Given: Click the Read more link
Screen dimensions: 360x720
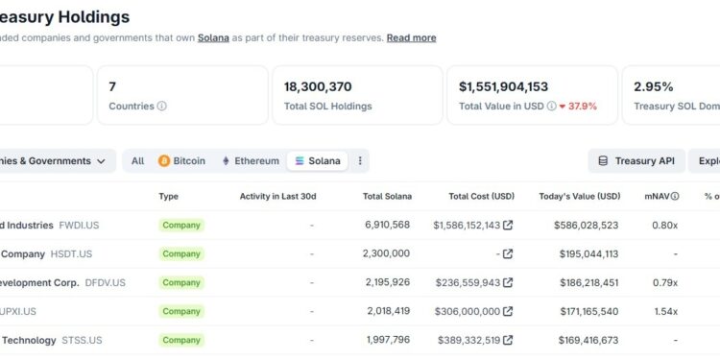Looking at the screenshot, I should pos(411,38).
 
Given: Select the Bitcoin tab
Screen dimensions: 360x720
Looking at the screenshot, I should pos(182,161).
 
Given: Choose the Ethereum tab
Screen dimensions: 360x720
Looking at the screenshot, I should pos(251,161).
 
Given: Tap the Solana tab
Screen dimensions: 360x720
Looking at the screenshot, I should pos(318,161).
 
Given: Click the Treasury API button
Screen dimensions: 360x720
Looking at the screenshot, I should pos(636,161).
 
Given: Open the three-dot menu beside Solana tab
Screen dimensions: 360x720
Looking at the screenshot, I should pos(360,161).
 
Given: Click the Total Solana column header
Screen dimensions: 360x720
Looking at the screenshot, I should pos(387,197).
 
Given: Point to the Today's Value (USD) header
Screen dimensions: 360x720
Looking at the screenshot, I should pos(580,197).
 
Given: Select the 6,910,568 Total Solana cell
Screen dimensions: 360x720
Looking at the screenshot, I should pos(387,226).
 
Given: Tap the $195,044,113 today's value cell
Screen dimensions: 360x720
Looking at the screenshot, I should pos(586,254).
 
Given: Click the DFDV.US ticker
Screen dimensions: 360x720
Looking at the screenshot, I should pos(105,283).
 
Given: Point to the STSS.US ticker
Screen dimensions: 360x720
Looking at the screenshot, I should pos(81,341).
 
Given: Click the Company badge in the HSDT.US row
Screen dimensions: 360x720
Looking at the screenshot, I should pos(181,254).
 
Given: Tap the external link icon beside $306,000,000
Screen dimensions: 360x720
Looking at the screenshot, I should pos(508,312).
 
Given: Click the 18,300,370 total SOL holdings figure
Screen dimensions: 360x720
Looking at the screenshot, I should pos(318,86).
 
